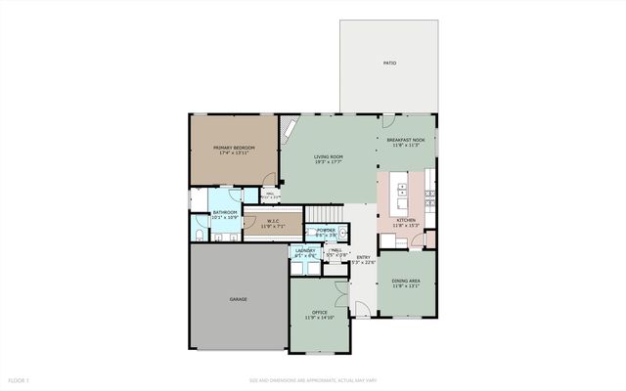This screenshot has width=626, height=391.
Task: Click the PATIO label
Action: click(389, 63)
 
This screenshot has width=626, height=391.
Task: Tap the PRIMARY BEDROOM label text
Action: click(234, 148)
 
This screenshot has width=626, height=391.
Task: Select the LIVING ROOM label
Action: click(328, 157)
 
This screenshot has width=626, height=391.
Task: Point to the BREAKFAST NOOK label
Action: click(405, 141)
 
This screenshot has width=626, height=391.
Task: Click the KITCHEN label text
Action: click(405, 221)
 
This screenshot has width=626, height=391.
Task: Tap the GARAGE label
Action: click(238, 298)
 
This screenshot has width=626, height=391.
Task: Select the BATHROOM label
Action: click(227, 211)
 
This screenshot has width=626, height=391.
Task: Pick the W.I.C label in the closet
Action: click(274, 221)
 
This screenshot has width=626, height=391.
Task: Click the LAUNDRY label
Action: click(304, 251)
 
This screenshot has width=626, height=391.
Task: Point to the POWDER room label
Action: click(324, 231)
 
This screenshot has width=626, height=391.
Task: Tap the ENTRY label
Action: click(363, 257)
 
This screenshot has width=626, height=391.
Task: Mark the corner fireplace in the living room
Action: click(290, 130)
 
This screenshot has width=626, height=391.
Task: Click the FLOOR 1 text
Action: click(19, 379)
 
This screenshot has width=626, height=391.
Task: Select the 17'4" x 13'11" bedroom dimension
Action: click(234, 153)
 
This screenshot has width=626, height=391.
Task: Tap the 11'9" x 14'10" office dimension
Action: click(319, 318)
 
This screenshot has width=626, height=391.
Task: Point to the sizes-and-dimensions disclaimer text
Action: click(312, 379)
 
